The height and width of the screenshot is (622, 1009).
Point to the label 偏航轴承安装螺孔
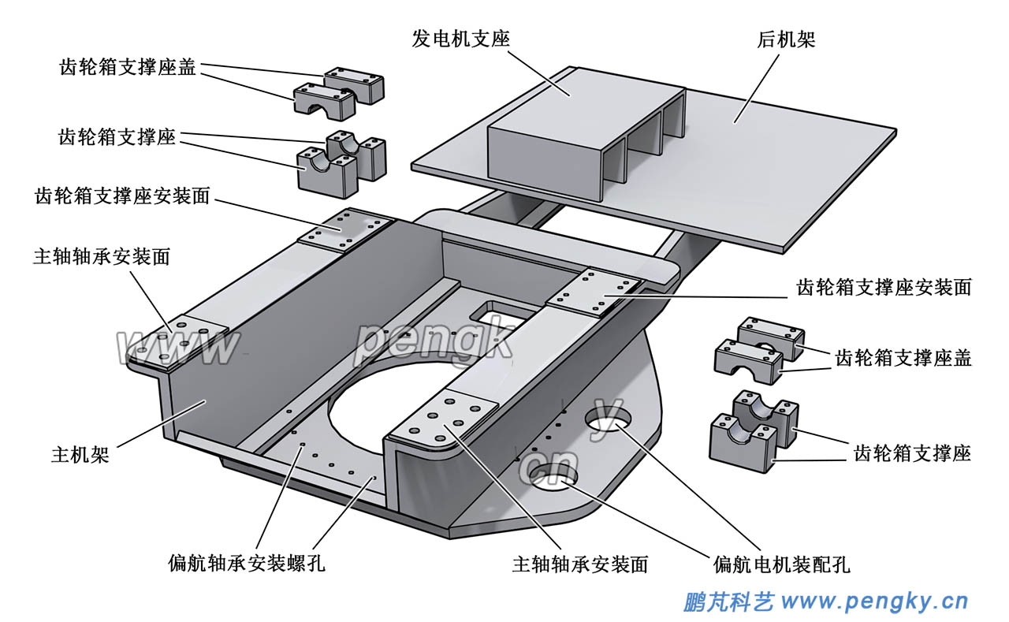(246, 564)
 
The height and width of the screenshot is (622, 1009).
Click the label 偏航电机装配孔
(781, 564)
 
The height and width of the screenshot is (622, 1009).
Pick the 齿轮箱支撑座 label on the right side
(912, 453)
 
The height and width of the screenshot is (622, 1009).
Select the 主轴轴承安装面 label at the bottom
(580, 564)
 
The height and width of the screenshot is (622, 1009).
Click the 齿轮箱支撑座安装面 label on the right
(884, 287)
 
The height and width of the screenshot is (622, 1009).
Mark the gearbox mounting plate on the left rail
(344, 229)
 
